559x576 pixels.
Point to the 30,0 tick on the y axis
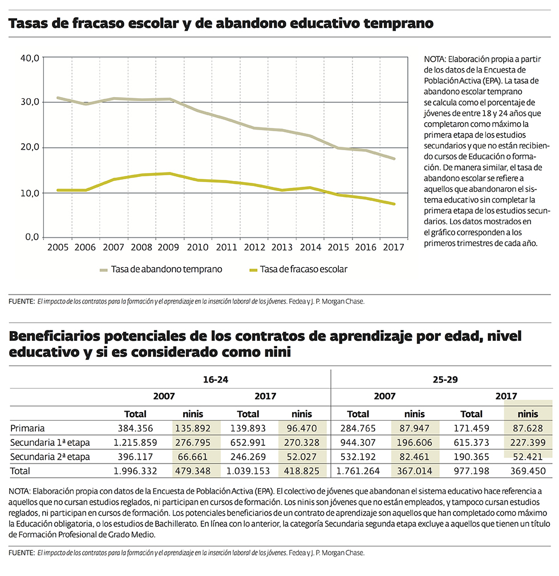[x=29, y=102]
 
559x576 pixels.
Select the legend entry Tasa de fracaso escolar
[x=303, y=269]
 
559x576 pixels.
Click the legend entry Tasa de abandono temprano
[x=167, y=269]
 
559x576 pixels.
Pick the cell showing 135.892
[x=196, y=428]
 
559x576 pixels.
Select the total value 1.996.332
[x=135, y=471]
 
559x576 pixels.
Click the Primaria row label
[x=28, y=428]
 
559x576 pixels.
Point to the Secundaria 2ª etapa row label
[x=50, y=457]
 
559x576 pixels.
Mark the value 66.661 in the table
[x=196, y=457]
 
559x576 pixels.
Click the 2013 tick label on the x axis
[x=281, y=247]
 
